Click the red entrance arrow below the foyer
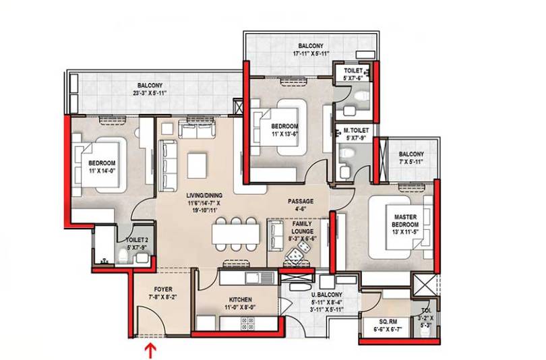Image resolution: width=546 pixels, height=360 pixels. click(151, 351)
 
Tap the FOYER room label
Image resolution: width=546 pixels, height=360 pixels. click(163, 289)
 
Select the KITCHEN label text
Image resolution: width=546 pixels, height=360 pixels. click(240, 300)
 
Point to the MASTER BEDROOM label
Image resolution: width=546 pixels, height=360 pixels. click(405, 220)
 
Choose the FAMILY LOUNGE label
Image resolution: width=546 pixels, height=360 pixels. click(301, 227)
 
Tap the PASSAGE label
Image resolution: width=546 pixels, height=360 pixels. click(301, 202)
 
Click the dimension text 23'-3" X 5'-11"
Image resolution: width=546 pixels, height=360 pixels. click(150, 93)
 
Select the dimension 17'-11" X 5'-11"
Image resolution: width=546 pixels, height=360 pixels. click(311, 53)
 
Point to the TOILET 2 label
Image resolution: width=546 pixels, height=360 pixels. click(137, 240)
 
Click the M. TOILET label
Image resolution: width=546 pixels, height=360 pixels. click(356, 131)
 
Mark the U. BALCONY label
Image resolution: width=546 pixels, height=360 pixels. click(327, 295)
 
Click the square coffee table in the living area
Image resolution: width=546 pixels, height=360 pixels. click(197, 166)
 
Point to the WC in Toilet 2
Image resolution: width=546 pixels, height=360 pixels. click(123, 257)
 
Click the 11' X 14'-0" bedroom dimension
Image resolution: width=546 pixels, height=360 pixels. click(102, 171)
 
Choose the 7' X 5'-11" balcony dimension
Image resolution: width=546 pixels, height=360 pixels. click(412, 162)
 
